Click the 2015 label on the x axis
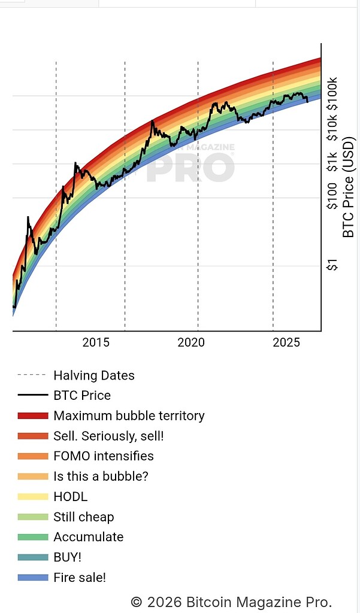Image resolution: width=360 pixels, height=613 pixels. [96, 342]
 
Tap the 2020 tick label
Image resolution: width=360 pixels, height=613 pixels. [191, 342]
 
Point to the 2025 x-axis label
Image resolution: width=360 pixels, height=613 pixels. [286, 342]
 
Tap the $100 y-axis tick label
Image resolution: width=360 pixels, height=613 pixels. [332, 196]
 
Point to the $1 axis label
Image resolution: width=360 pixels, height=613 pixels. [332, 264]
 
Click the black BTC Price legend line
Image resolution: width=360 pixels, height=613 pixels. [32, 396]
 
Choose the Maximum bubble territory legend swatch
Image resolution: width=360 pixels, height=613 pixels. [32, 416]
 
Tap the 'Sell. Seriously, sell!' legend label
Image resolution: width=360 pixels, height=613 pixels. [108, 436]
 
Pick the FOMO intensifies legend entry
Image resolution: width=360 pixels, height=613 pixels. [103, 456]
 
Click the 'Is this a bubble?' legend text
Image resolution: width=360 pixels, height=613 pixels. [101, 477]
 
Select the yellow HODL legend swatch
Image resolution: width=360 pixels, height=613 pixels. [32, 497]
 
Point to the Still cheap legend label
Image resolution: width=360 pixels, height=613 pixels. [83, 517]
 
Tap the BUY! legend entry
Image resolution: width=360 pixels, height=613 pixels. [67, 557]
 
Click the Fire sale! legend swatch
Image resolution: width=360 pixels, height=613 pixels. [32, 578]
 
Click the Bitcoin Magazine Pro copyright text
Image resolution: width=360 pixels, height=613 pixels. [231, 602]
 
